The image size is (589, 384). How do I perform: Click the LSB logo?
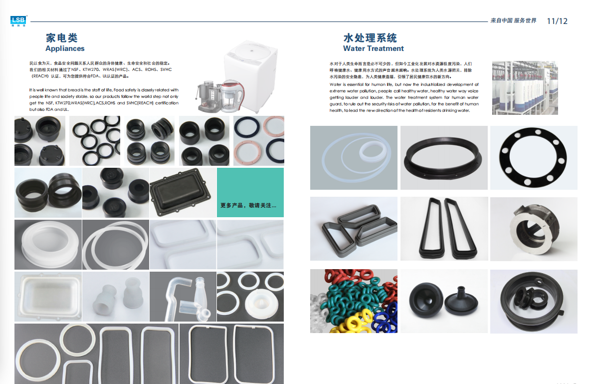pos(18,21)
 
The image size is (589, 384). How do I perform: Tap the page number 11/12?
pos(557,21)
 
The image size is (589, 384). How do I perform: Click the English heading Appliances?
pos(65,48)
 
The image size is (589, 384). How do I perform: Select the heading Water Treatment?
pos(374,48)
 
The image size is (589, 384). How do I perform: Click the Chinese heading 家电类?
pos(62,38)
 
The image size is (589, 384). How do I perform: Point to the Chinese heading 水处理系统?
pos(371,38)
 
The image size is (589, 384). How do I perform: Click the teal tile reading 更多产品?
pos(250,193)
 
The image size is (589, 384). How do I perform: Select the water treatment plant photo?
pos(525,87)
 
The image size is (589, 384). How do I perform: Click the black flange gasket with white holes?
pos(533,157)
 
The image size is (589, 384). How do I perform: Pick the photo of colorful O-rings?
pos(354,301)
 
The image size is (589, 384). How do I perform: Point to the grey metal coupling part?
pos(534,229)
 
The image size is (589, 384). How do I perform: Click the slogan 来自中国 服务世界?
pos(514,20)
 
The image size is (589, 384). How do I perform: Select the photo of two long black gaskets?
pos(444,229)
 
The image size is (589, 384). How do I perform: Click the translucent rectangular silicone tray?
pos(48,297)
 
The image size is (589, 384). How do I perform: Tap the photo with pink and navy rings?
pos(259,141)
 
